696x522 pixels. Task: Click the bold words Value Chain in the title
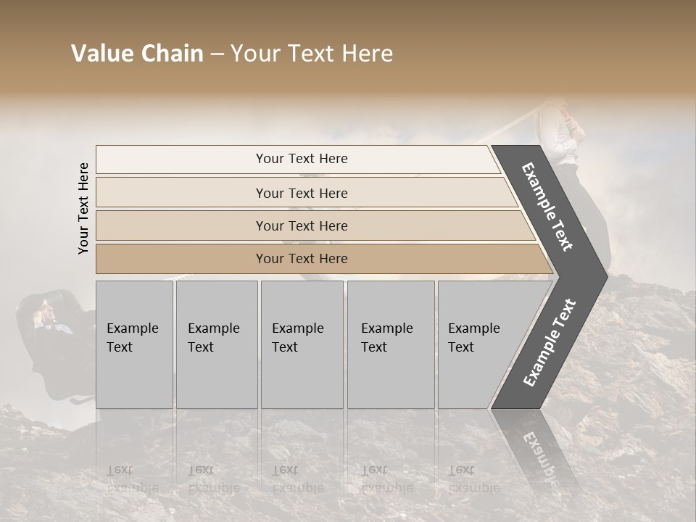[x=137, y=54]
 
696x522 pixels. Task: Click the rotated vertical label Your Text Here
[x=83, y=208]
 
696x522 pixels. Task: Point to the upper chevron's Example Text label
[x=547, y=207]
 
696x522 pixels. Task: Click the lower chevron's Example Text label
[x=550, y=343]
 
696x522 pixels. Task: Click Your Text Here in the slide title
[x=312, y=54]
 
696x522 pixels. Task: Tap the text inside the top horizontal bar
[x=302, y=159]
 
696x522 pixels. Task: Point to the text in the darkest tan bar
[x=302, y=259]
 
